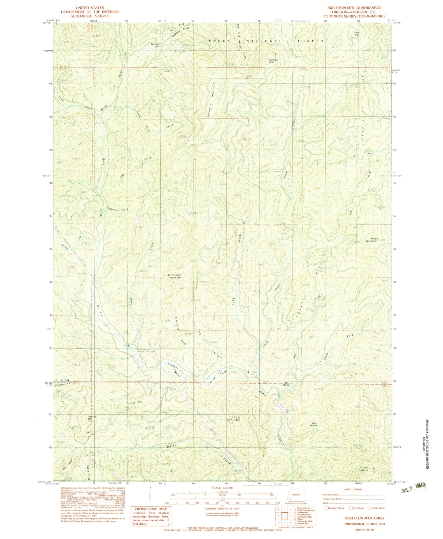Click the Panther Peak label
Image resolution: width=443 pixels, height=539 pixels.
(x=273, y=61)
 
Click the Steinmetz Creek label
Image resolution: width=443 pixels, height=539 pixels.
(x=118, y=210)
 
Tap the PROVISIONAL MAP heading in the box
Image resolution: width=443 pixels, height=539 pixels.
(x=150, y=509)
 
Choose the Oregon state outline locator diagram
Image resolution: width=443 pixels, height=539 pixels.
(x=296, y=497)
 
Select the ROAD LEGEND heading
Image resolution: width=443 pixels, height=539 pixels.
(x=353, y=490)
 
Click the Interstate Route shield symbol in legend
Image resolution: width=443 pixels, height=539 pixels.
(x=326, y=508)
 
